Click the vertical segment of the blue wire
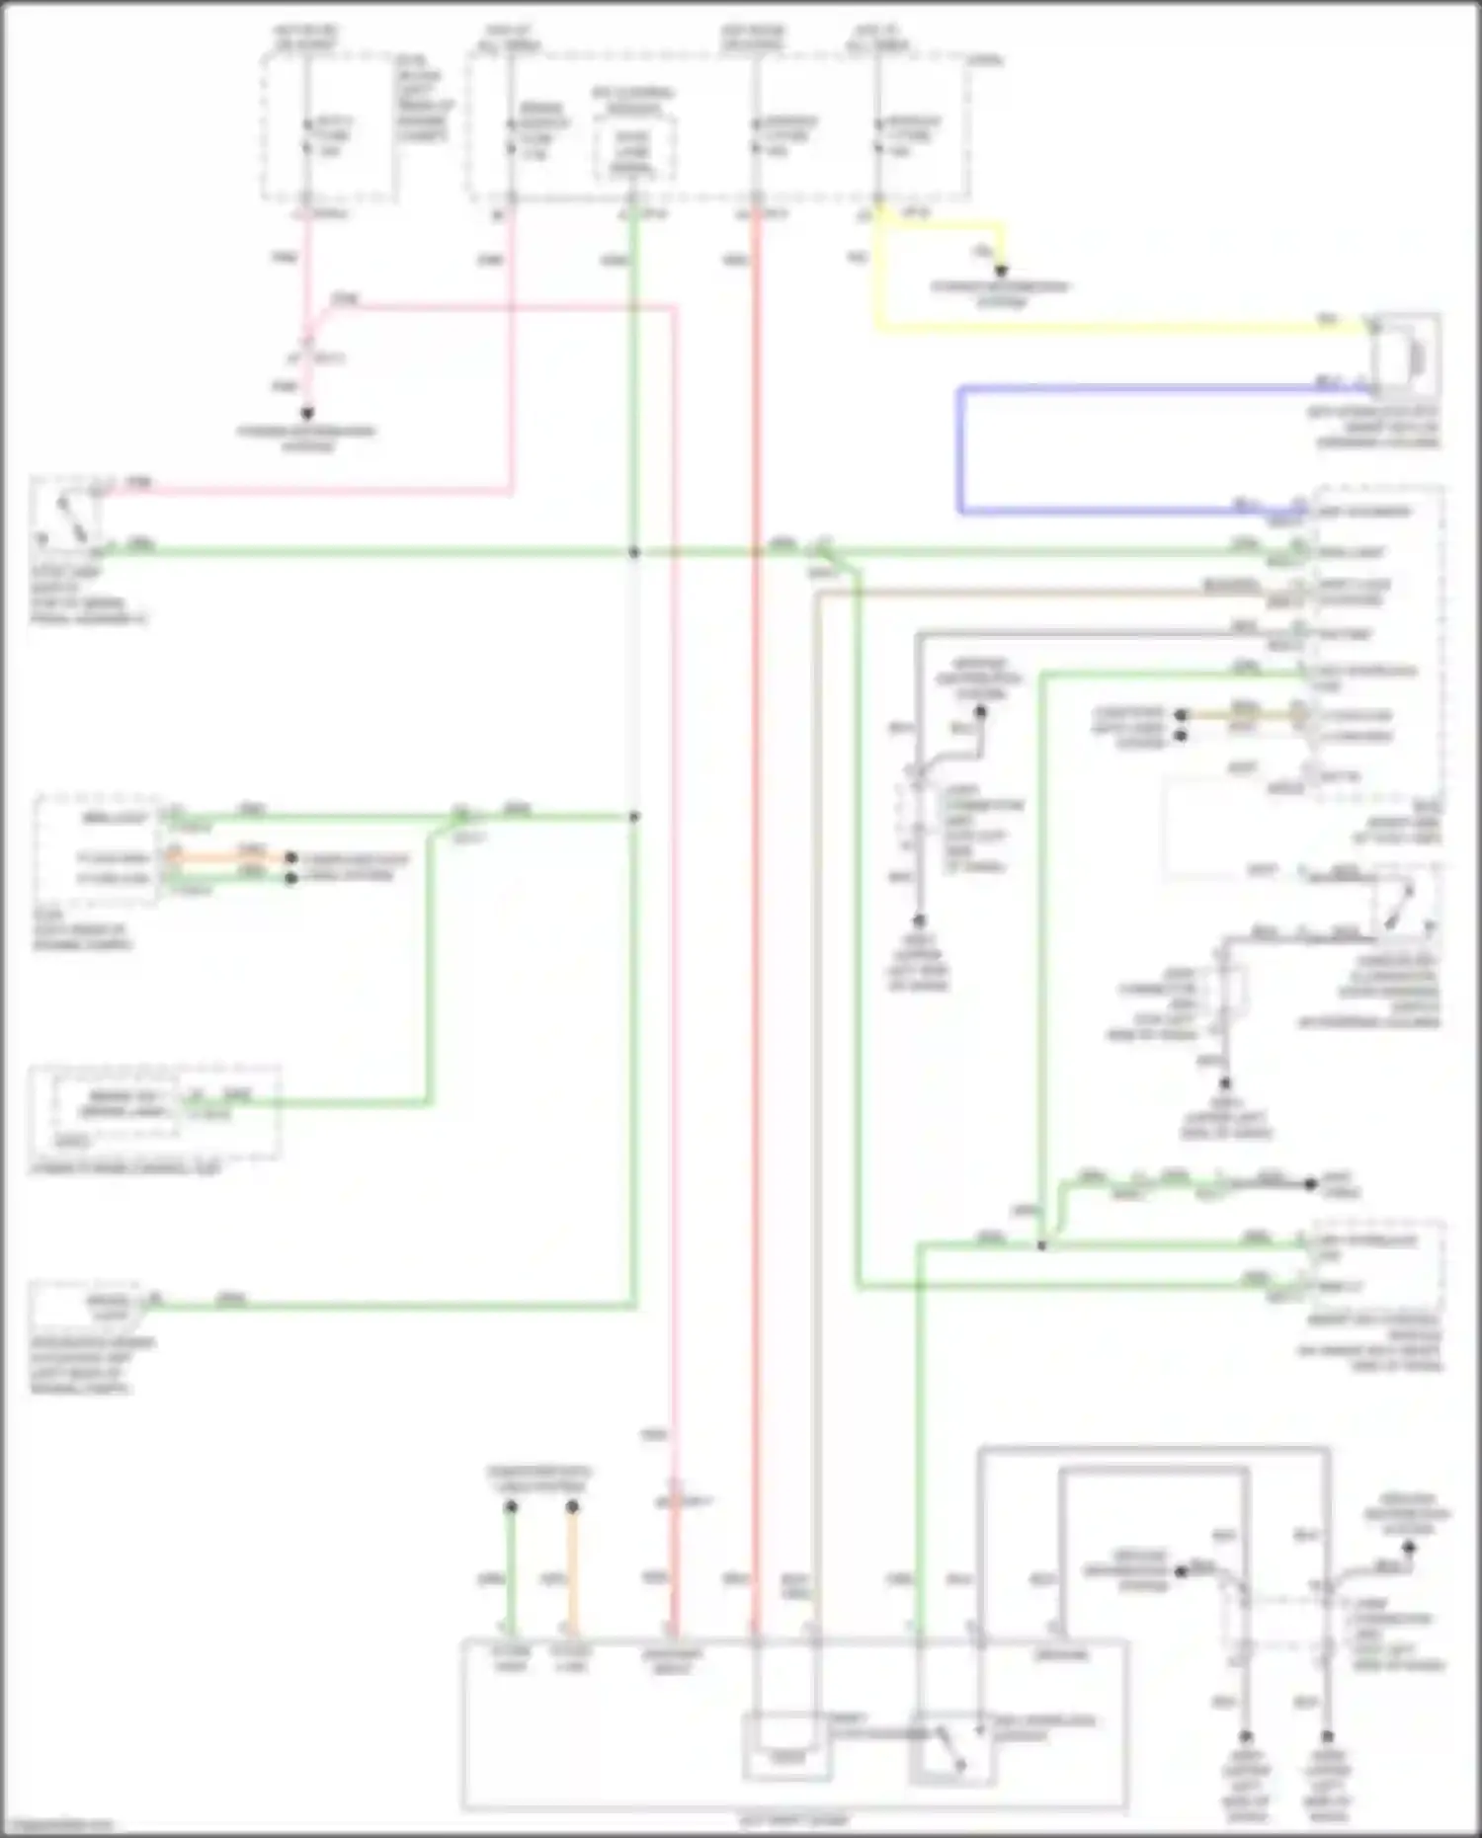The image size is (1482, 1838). click(x=959, y=450)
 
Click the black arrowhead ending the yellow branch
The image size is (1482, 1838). click(x=1001, y=270)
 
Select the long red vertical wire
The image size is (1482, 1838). click(x=757, y=889)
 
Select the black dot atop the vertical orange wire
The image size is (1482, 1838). click(x=572, y=1507)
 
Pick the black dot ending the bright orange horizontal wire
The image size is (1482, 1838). click(x=290, y=858)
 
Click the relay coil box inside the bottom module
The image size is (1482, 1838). click(x=786, y=1746)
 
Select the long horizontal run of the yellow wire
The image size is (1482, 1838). click(x=1116, y=325)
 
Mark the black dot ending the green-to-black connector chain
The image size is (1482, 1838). click(x=1311, y=1183)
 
